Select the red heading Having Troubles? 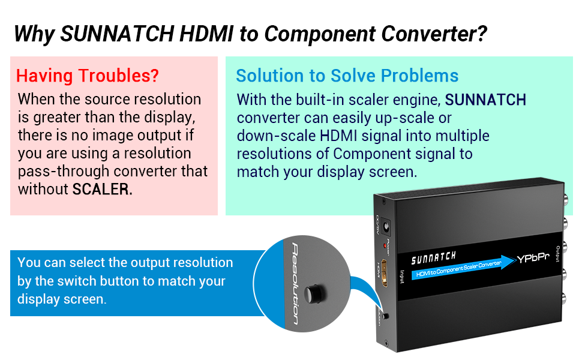[88, 76]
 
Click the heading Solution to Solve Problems [347, 76]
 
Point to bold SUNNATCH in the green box [486, 99]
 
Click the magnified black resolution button [314, 293]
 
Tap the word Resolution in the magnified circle [294, 283]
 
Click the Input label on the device [403, 276]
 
